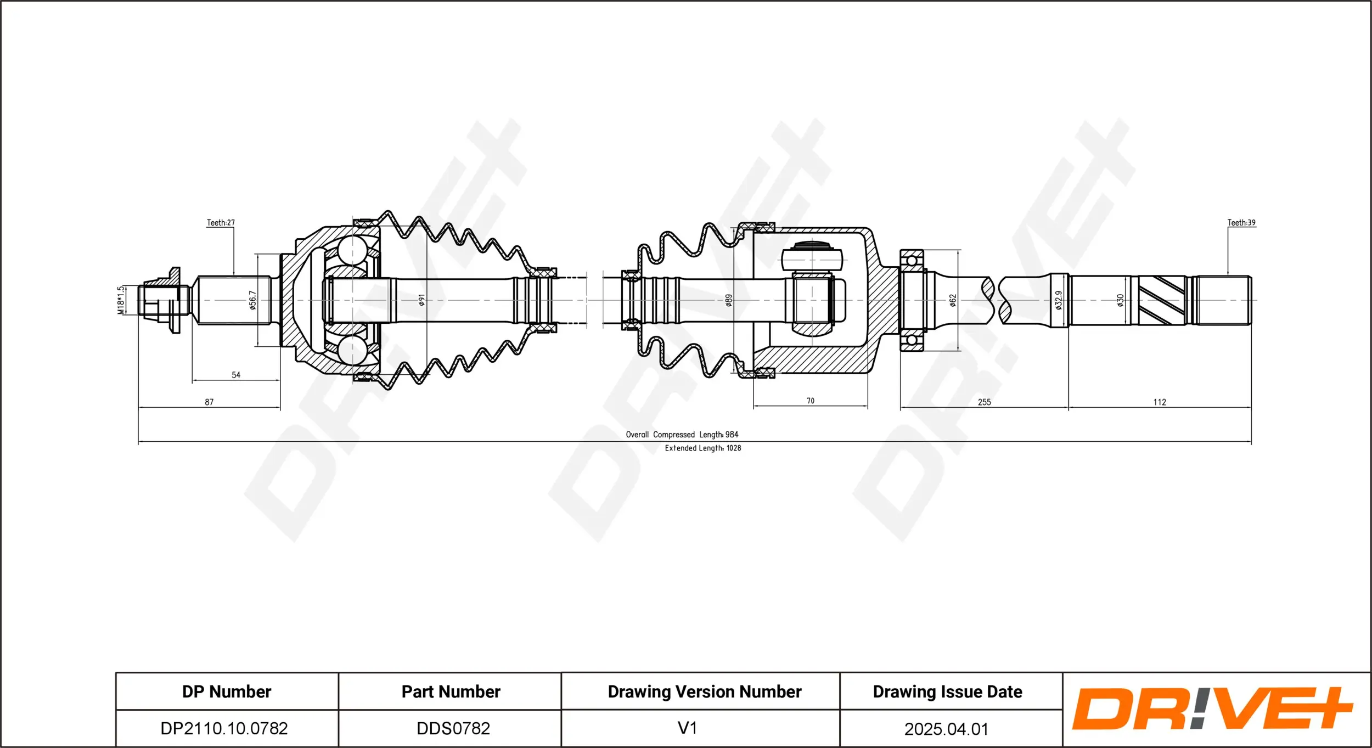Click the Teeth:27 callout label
coord(221,223)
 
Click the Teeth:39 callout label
coord(1241,223)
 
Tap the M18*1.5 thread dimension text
coord(121,300)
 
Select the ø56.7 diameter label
coord(252,300)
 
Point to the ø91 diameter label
coord(421,300)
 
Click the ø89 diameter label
coord(729,300)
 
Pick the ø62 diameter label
coord(953,300)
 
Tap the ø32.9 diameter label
coord(1059,300)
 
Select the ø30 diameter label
coord(1120,300)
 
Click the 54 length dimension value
coord(236,375)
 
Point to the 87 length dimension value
coord(209,402)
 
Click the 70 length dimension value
coord(811,401)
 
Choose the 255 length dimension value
coord(985,402)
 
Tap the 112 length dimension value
coord(1160,402)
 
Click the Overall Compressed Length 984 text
coord(682,435)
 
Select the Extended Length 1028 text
coord(703,448)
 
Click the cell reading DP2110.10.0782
coord(224,728)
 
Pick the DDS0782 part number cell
coord(453,728)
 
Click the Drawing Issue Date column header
coord(948,691)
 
